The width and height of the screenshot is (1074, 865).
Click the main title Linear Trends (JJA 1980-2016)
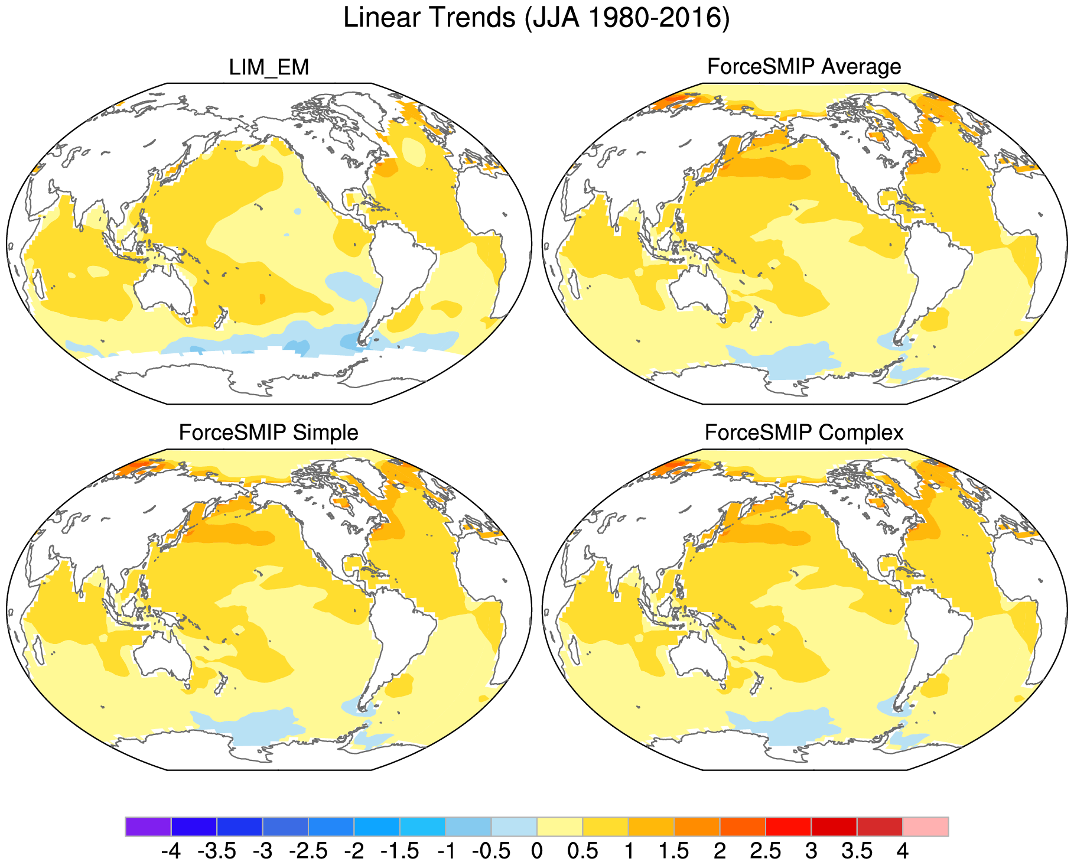[536, 18]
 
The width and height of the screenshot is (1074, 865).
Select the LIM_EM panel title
[269, 67]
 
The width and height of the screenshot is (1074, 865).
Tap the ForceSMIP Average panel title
[804, 66]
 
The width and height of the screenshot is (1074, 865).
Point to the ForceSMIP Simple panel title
[268, 432]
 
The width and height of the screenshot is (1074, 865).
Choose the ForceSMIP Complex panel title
[804, 432]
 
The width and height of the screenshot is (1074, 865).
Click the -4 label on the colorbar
[171, 851]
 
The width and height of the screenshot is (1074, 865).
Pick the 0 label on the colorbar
[536, 851]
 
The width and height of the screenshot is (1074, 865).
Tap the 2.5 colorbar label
[766, 851]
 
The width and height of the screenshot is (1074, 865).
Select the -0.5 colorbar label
[491, 851]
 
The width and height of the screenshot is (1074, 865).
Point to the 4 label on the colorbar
[902, 851]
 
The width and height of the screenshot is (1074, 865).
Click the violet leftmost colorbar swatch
[148, 827]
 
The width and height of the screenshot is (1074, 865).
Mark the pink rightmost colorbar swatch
[925, 827]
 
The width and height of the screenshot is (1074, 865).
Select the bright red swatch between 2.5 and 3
[788, 827]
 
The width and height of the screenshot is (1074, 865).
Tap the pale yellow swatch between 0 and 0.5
[559, 827]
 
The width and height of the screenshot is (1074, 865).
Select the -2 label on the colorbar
[354, 851]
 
